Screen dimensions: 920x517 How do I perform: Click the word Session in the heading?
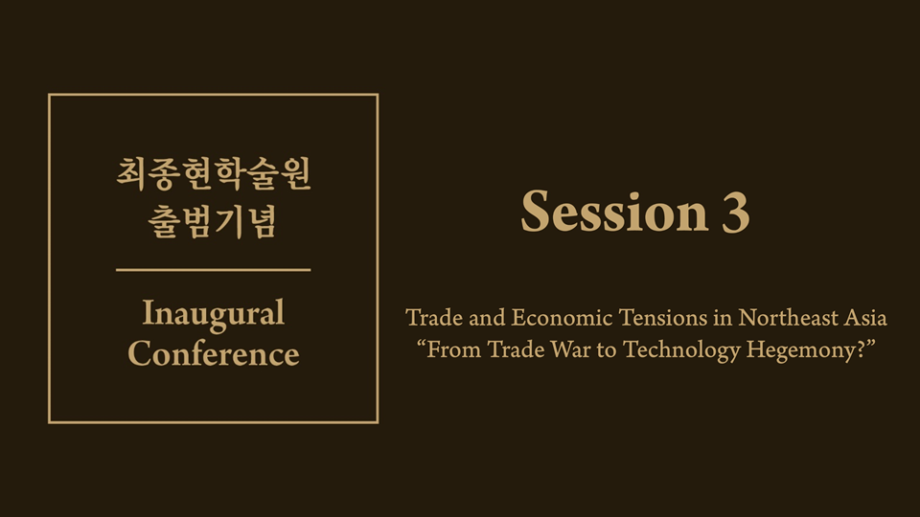point(614,211)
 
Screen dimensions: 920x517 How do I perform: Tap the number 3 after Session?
point(736,212)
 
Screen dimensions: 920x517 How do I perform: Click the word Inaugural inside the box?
point(214,314)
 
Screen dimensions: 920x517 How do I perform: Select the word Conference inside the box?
point(214,353)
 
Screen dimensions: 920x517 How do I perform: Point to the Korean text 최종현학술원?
point(214,174)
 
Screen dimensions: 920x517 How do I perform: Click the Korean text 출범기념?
point(212,222)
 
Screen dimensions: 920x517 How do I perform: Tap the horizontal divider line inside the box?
point(214,270)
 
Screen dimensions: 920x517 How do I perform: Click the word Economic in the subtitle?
point(563,318)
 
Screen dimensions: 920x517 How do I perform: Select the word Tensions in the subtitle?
point(663,318)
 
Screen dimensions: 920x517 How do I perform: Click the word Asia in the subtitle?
point(865,318)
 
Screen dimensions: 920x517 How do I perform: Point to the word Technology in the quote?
point(681,350)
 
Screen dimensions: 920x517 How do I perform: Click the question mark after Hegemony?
point(862,349)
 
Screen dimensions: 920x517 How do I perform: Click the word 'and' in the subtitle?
point(487,318)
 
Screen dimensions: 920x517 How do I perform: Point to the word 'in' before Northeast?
point(723,318)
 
